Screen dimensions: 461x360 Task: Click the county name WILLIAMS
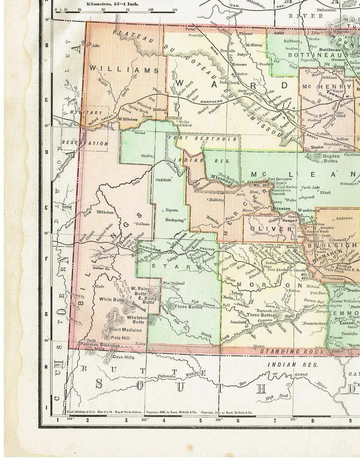(123, 70)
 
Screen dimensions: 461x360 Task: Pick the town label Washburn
(305, 210)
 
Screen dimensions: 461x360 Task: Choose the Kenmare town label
(239, 64)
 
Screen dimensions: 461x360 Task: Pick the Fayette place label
(172, 210)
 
